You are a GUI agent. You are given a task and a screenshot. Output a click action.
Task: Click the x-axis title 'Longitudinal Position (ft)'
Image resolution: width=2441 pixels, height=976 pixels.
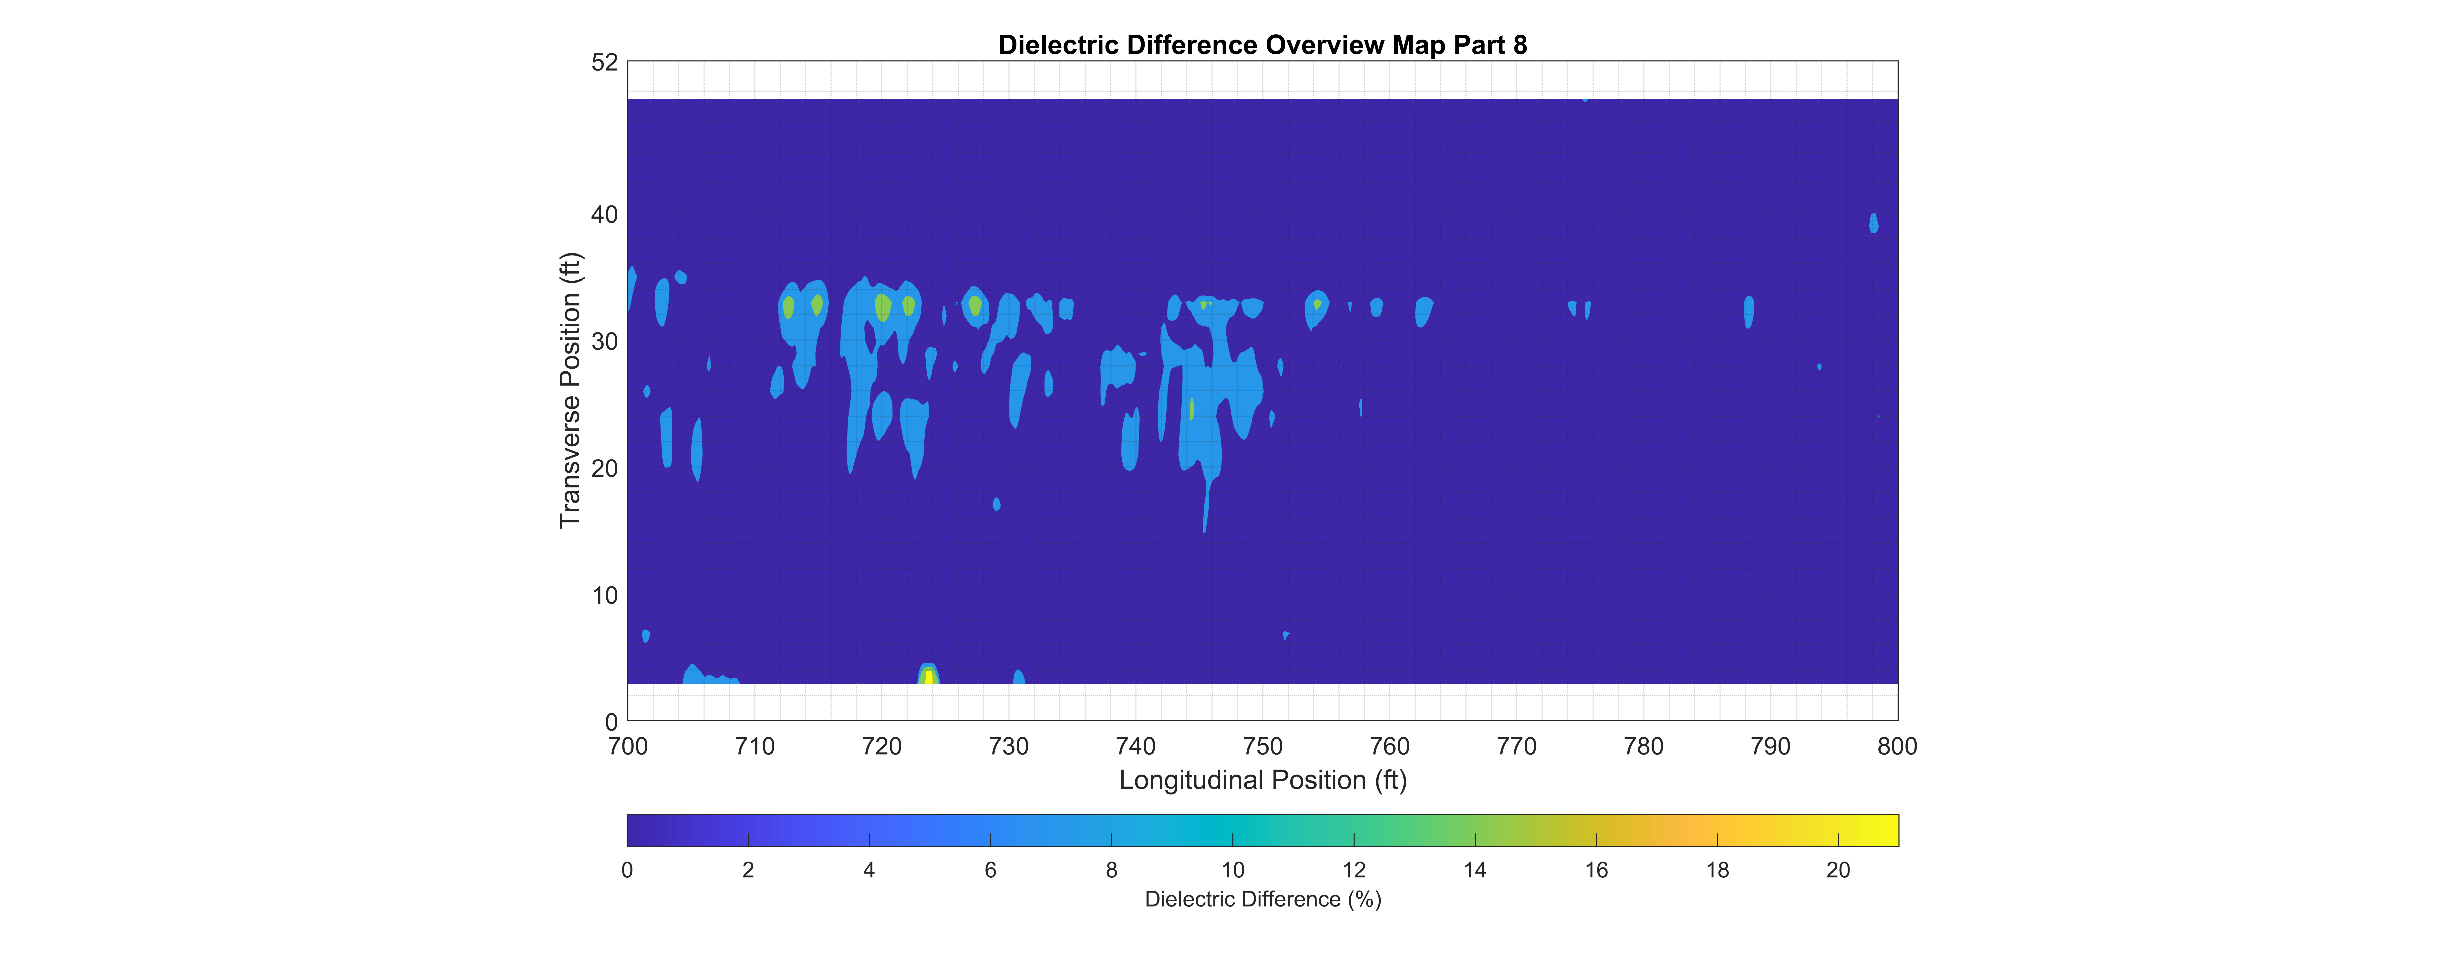[1262, 780]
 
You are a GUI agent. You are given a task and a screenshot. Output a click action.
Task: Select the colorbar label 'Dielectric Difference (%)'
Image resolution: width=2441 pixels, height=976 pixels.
[1262, 899]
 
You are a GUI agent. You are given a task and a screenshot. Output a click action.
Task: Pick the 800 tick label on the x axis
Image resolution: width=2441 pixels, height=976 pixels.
[1897, 747]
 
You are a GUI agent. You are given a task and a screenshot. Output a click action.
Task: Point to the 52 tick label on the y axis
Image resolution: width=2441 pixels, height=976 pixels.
[605, 62]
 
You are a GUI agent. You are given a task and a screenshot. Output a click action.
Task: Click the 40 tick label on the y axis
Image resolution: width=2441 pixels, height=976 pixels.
[605, 215]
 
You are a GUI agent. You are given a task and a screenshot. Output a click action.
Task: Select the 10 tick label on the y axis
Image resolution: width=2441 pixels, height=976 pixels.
[605, 596]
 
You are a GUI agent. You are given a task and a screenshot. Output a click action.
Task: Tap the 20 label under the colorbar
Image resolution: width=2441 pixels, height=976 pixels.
[1838, 870]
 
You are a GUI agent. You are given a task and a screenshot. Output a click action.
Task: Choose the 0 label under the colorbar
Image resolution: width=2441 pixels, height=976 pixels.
[627, 870]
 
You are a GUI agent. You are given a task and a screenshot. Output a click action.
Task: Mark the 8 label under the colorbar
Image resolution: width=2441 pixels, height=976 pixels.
[1112, 870]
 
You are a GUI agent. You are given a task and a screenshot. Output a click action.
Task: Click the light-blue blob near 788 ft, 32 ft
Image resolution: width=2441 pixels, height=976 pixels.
[1749, 312]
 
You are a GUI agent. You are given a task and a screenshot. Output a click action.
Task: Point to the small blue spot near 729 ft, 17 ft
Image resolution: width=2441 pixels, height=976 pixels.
[996, 504]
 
